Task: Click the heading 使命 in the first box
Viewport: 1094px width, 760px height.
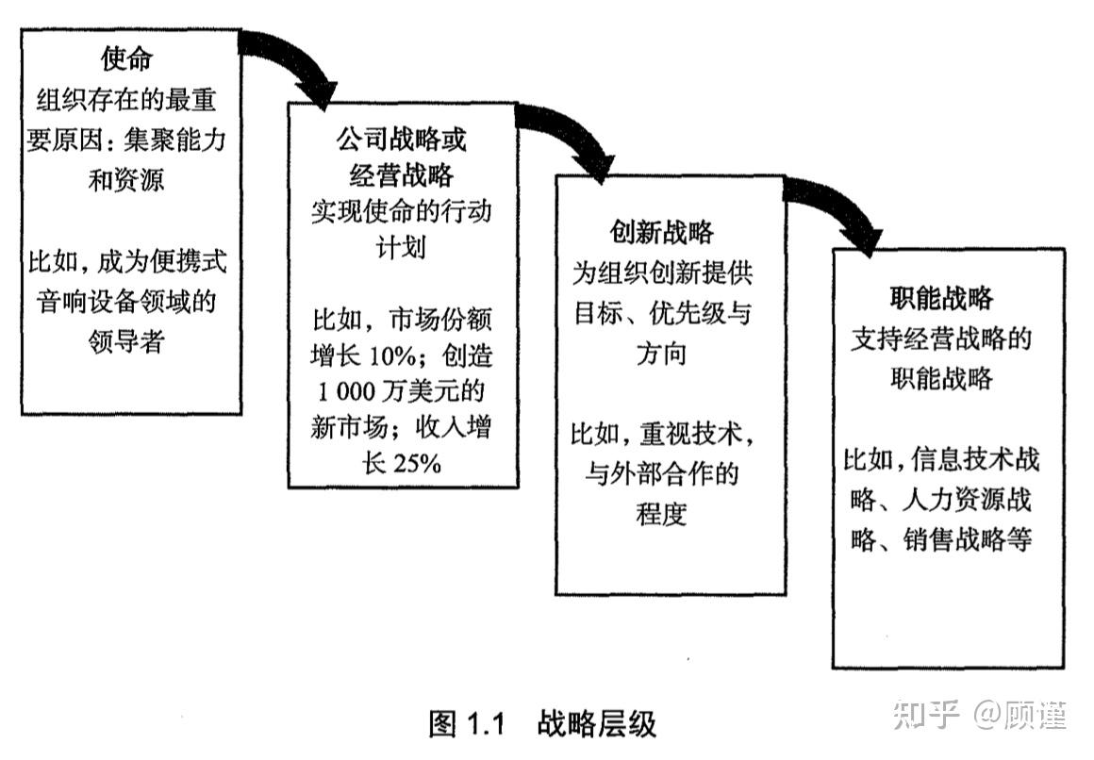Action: click(x=126, y=58)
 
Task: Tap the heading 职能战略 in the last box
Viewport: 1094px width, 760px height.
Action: click(x=941, y=299)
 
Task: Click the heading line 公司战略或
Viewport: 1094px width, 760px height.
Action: click(x=402, y=140)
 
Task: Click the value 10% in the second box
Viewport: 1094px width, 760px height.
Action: click(x=389, y=359)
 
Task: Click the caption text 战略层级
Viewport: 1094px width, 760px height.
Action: click(x=596, y=724)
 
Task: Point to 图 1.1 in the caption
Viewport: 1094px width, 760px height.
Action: click(x=469, y=724)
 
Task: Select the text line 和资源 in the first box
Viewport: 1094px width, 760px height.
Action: click(x=126, y=179)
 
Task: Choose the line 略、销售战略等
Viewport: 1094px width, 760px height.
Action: click(x=941, y=540)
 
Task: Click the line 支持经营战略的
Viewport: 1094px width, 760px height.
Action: click(x=941, y=339)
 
